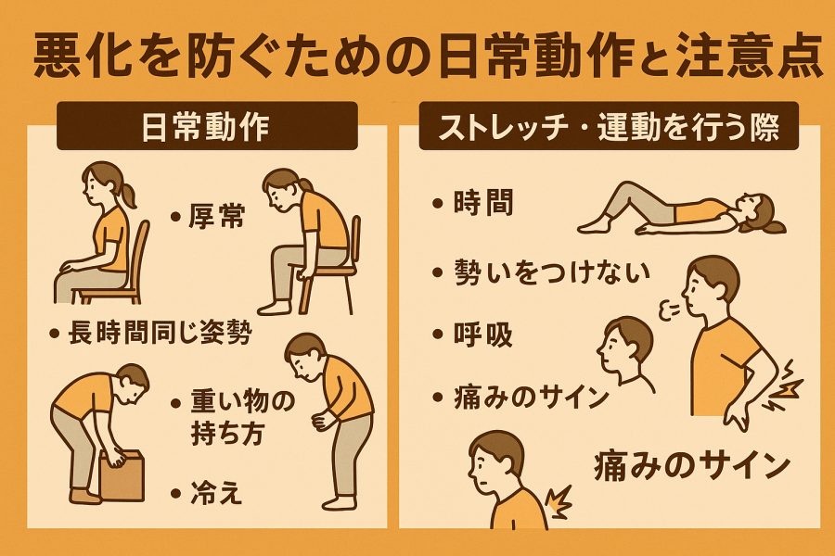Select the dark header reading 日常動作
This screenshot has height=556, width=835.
[x=207, y=126]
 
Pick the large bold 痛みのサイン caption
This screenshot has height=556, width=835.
[x=692, y=466]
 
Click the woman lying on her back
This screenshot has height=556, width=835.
[x=682, y=208]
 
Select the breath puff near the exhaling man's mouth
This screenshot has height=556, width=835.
[x=669, y=310]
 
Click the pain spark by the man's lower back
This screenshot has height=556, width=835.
[x=784, y=385]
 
